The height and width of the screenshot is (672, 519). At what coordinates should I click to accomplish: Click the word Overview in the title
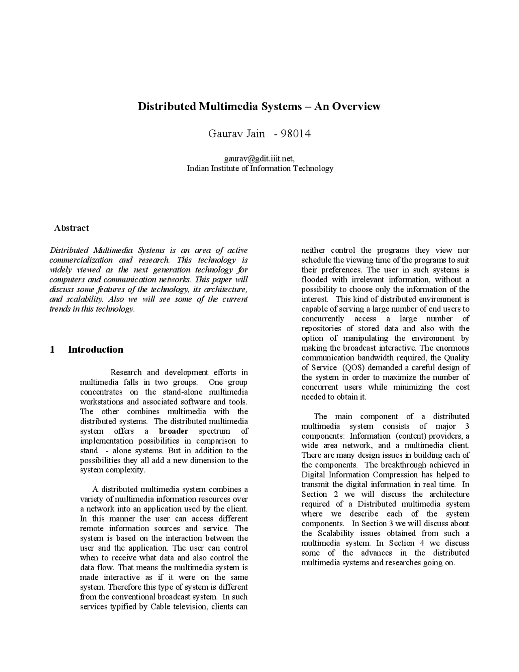pos(357,106)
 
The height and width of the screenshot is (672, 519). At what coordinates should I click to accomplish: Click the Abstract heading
pos(71,228)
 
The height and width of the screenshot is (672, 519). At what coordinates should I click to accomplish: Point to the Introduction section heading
pos(96,349)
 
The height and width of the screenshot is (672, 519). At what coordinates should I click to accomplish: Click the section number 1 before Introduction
pos(52,349)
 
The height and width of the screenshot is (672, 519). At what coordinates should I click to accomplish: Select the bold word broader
pos(174,431)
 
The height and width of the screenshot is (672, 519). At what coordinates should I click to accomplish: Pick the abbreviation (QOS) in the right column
pos(354,368)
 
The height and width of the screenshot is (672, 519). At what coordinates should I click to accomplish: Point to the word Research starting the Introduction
pos(126,373)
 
